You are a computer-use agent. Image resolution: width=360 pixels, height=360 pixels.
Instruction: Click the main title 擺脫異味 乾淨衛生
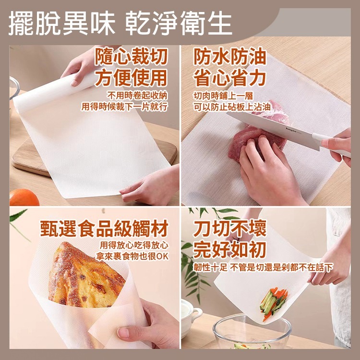120,23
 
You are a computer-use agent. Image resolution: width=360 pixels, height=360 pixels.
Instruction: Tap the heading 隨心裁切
131,57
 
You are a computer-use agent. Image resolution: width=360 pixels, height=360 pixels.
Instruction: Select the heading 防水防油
230,56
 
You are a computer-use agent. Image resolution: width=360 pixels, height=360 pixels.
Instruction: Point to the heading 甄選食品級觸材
104,228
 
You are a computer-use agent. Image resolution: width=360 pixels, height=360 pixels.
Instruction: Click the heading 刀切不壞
229,228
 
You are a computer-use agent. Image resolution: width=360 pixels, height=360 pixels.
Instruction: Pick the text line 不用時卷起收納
137,96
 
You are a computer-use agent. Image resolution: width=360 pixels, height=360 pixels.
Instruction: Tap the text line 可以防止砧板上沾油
232,107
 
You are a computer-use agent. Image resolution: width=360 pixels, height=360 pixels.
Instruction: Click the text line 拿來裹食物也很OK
132,256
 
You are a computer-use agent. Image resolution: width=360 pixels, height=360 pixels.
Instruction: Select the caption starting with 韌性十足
263,267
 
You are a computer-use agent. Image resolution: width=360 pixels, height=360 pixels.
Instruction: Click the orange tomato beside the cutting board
24,197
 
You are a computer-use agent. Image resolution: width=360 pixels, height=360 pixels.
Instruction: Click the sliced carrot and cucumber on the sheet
274,303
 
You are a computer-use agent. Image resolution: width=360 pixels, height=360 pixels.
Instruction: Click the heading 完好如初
229,250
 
